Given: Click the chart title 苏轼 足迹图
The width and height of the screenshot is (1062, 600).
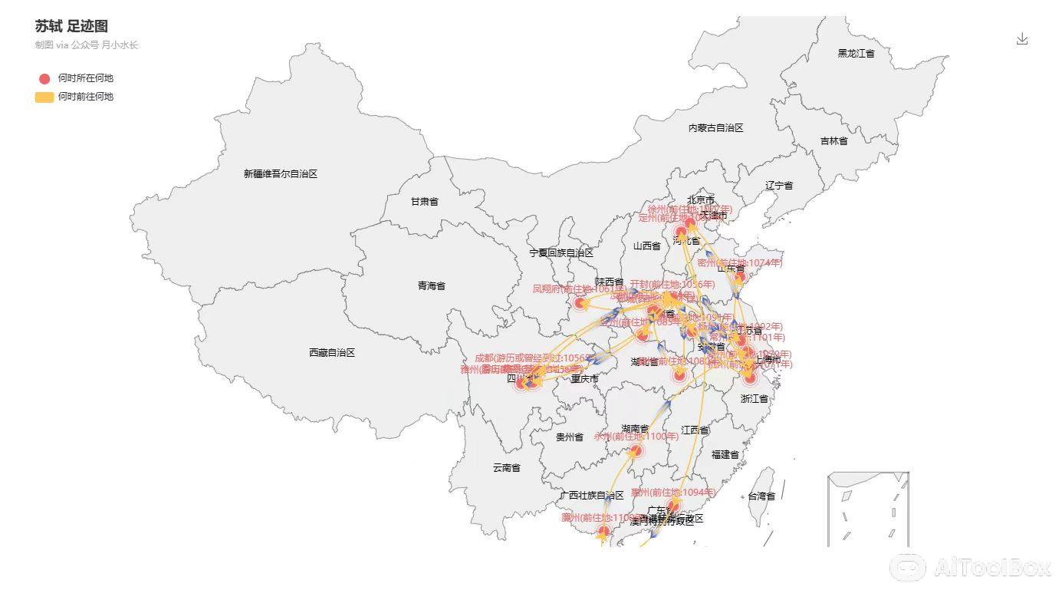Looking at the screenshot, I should pyautogui.click(x=71, y=26).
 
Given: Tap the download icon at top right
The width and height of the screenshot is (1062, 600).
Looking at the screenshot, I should pyautogui.click(x=1021, y=39).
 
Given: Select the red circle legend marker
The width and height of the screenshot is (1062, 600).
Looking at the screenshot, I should pyautogui.click(x=44, y=78).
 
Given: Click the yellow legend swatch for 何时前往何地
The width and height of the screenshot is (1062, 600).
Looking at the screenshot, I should pyautogui.click(x=44, y=97).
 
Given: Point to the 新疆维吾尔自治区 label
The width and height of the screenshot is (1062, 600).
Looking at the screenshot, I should pyautogui.click(x=280, y=174).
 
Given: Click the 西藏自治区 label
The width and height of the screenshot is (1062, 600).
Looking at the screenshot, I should pyautogui.click(x=332, y=353).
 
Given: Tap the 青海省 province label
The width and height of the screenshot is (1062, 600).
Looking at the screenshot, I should pyautogui.click(x=432, y=286).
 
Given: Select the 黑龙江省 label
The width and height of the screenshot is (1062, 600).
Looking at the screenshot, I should pyautogui.click(x=856, y=54).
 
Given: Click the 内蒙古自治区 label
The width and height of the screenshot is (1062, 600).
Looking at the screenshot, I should pyautogui.click(x=715, y=128).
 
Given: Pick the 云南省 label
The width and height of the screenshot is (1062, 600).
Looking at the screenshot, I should pyautogui.click(x=506, y=467).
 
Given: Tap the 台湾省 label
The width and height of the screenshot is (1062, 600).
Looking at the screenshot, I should pyautogui.click(x=761, y=496).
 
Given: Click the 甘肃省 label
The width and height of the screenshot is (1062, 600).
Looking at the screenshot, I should pyautogui.click(x=424, y=202).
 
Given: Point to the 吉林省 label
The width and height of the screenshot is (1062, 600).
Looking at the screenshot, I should pyautogui.click(x=833, y=141).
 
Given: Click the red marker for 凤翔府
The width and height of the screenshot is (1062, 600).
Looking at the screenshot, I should pyautogui.click(x=580, y=304).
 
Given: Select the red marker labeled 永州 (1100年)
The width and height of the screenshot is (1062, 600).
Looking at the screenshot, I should pyautogui.click(x=636, y=450).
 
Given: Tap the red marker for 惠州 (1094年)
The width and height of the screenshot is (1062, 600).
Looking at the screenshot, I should pyautogui.click(x=674, y=505).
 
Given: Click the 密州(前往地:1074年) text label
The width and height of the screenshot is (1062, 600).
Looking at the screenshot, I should pyautogui.click(x=739, y=263).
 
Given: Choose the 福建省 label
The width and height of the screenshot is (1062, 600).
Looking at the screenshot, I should pyautogui.click(x=725, y=455).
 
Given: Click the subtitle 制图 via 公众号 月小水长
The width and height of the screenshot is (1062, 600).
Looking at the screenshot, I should pyautogui.click(x=86, y=45).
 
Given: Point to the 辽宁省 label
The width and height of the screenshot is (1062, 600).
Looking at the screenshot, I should pyautogui.click(x=778, y=186).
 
